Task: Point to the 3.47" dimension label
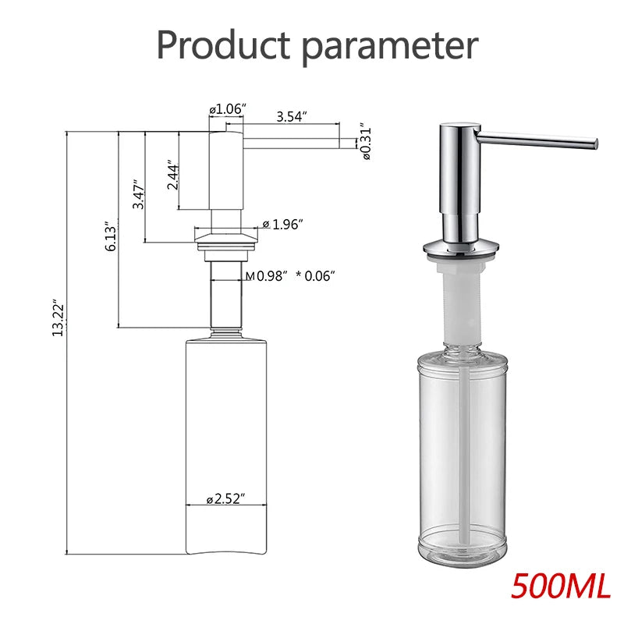(137, 195)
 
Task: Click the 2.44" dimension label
(173, 176)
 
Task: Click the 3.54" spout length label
(292, 116)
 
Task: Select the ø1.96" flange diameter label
(282, 225)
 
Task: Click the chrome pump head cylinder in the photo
(456, 179)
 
